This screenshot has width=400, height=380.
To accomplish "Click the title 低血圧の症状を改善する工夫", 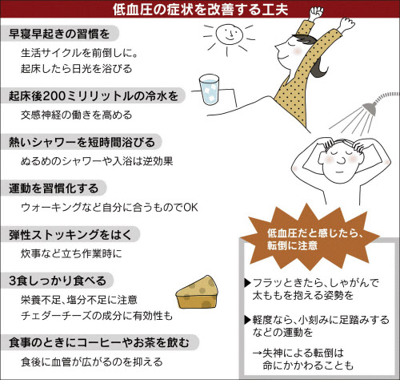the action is point(200,10).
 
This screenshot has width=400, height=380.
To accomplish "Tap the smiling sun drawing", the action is point(229,36).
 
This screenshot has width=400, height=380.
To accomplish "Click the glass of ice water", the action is point(209,90).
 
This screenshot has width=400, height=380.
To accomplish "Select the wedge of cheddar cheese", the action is point(196,292).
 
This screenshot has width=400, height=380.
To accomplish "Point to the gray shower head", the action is point(370,107).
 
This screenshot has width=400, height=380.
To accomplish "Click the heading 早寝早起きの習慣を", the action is point(59,34).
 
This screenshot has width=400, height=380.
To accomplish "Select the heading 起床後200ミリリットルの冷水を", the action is point(94,95).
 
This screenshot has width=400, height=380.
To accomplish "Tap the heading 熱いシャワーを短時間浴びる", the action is point(82,142).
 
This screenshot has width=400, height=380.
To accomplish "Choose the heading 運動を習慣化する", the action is point(54,188).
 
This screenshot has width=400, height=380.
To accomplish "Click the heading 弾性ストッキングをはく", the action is point(70,235).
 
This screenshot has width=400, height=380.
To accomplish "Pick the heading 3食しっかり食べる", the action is point(58,281).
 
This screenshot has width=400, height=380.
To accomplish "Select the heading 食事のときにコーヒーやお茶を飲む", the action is point(99,342).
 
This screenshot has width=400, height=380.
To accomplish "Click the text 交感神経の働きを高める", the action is point(77,115).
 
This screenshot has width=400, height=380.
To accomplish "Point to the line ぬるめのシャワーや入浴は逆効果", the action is point(97,161).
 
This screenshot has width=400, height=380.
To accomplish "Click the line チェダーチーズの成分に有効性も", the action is point(97,316).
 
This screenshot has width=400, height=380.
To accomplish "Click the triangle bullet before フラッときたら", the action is point(248,283).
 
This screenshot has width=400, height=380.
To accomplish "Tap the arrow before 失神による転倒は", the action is point(257,354).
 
